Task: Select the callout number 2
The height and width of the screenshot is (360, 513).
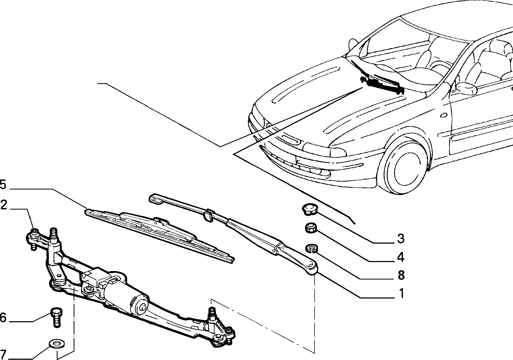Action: pyautogui.click(x=3, y=205)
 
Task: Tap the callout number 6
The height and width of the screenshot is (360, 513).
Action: pyautogui.click(x=3, y=318)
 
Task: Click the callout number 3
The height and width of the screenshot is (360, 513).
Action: pyautogui.click(x=401, y=239)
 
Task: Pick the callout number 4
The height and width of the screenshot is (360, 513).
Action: pyautogui.click(x=401, y=257)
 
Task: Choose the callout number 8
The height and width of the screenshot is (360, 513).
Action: pyautogui.click(x=401, y=275)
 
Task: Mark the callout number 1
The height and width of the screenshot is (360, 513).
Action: pyautogui.click(x=401, y=293)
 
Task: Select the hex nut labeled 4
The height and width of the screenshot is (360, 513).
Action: pyautogui.click(x=311, y=228)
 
